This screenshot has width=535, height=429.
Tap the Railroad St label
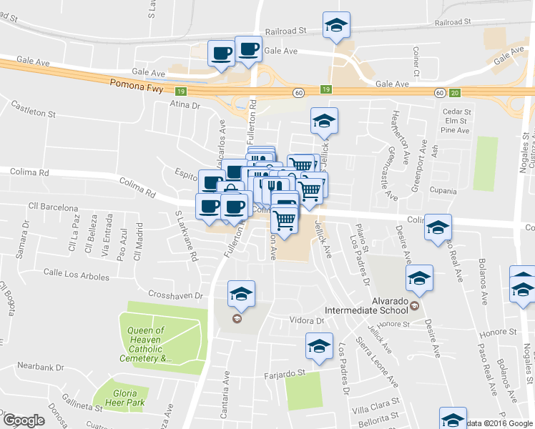tap(285, 31)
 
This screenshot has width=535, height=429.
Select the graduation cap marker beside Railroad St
tap(335, 26)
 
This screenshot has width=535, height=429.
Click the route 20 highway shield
tap(455, 92)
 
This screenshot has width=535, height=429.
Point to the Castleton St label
tap(33, 109)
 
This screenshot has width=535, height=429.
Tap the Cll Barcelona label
tap(52, 207)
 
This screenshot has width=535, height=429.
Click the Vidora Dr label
tap(307, 320)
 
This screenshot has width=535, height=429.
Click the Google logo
tap(24, 420)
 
